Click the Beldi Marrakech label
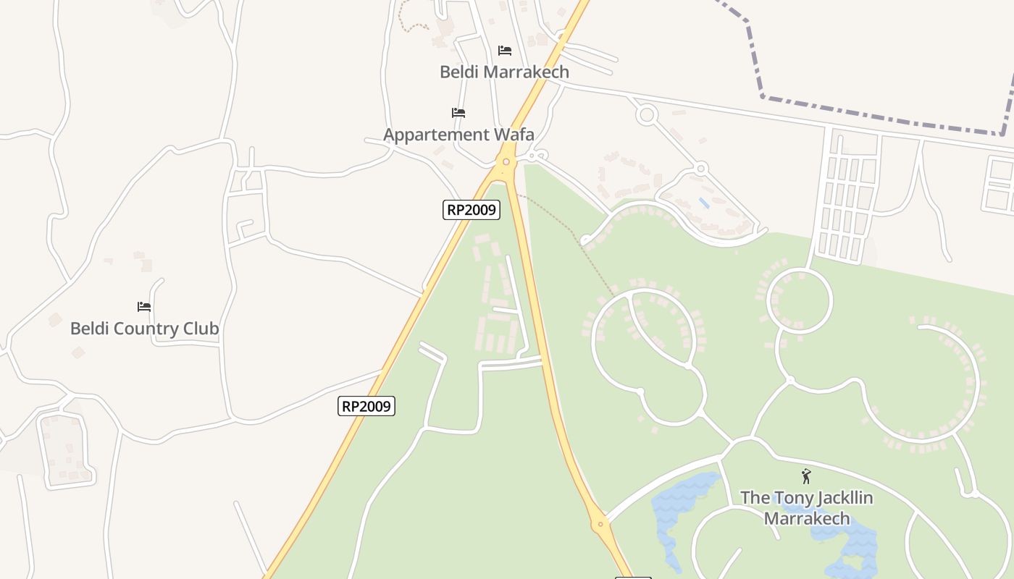coord(504,72)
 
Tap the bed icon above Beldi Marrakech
coord(505,51)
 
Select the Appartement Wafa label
coord(458,135)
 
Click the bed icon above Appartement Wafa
coord(458,113)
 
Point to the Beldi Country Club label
coord(144,329)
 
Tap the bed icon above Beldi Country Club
coord(144,307)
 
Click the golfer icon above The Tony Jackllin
coord(806,476)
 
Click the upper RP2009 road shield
coord(472,210)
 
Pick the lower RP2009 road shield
coord(366,406)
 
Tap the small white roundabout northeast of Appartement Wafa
coord(646,114)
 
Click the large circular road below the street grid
coord(800,300)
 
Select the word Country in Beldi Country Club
coord(144,329)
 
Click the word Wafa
coord(514,135)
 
